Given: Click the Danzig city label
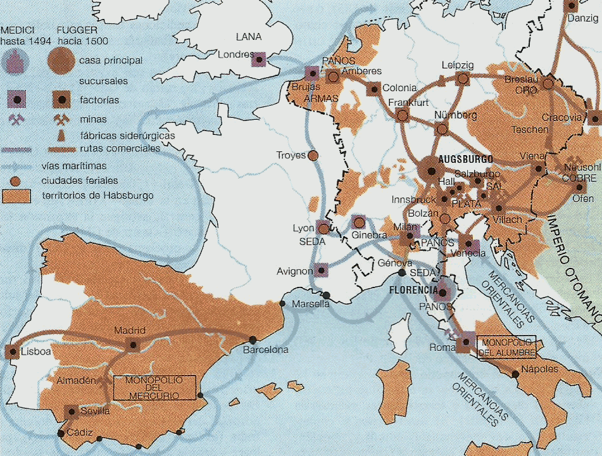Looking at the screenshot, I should point(582,18).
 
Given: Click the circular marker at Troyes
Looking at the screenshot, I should point(313,155).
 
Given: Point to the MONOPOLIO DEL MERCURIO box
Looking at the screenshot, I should point(154,387).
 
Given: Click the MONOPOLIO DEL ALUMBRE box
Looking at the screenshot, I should point(507,347).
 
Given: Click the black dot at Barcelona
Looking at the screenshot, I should point(253,339).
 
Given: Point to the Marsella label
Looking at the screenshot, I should point(311,304).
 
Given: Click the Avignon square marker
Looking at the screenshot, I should point(322,271).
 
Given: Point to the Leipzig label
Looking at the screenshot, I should point(457,65).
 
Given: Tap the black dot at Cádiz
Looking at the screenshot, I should point(61,434).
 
